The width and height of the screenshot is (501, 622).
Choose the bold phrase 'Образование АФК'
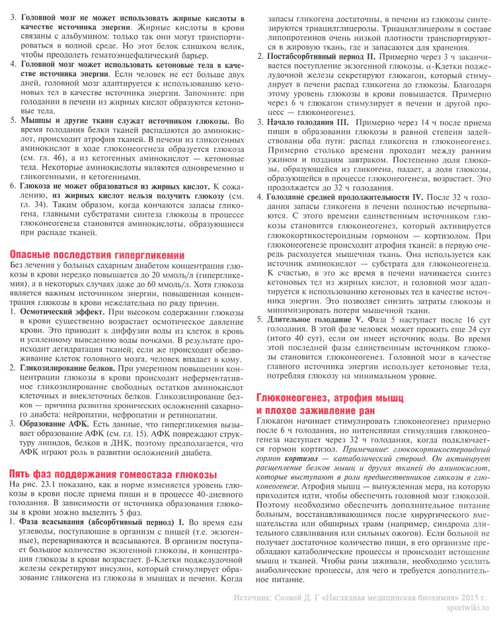(x=54, y=423)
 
